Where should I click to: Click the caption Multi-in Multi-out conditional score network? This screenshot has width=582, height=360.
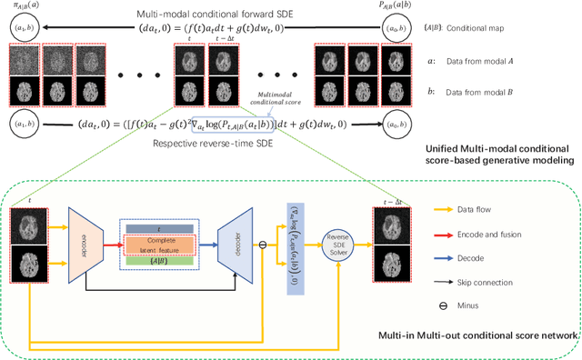click(477, 335)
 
